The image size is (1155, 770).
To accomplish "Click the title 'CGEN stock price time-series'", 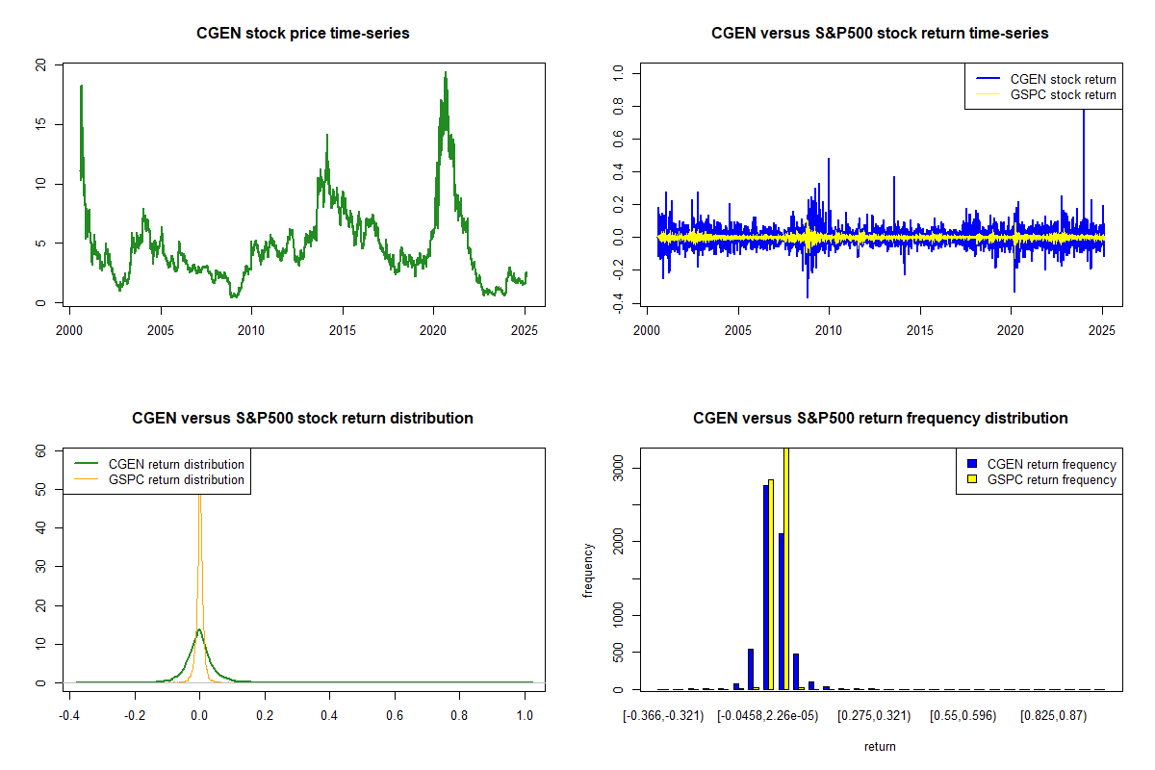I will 302,34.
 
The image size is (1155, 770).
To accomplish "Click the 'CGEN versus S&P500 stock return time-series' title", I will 880,34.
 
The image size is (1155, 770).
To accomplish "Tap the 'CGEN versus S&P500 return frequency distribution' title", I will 880,419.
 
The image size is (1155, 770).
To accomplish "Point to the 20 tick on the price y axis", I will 40,64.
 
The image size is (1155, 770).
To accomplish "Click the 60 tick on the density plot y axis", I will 40,449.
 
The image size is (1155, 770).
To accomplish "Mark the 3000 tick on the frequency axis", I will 618,468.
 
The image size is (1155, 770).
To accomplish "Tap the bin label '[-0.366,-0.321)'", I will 664,716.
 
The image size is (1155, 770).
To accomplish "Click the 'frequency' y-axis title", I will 589,570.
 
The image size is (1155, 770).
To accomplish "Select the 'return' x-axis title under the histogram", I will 880,746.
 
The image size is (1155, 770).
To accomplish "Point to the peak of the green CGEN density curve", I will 199,629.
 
